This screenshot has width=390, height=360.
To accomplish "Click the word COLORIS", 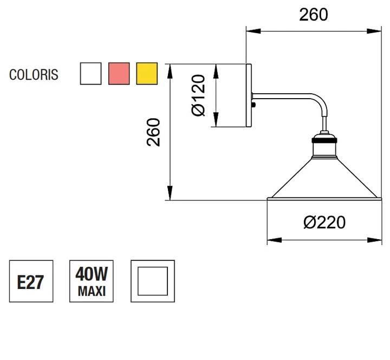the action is [x=34, y=74].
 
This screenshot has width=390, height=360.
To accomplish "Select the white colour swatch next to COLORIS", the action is [x=91, y=73].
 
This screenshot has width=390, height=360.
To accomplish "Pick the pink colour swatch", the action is [x=119, y=73].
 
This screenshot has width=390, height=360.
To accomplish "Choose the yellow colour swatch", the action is [x=147, y=73].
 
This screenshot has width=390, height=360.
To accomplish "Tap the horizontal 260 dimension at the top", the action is [x=314, y=15].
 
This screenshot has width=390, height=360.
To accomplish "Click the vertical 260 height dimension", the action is [x=153, y=132].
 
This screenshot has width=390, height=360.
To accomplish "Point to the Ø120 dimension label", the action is [x=198, y=95].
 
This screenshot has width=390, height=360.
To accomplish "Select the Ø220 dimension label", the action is [x=324, y=222].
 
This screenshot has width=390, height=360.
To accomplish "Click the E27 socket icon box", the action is [x=31, y=281].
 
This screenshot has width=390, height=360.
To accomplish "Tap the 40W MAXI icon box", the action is [x=92, y=281].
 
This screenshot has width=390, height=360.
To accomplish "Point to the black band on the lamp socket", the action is [x=324, y=140].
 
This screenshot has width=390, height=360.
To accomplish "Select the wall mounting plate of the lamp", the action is [x=249, y=95].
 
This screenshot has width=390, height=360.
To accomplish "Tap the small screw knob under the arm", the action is [x=253, y=104].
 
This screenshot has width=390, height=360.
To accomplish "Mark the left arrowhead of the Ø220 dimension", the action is [x=275, y=240].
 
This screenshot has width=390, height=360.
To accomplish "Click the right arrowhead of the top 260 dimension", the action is [x=374, y=31].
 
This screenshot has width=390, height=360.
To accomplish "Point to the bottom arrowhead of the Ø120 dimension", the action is [x=216, y=120].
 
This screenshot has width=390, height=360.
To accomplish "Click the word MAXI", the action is [x=92, y=291].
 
